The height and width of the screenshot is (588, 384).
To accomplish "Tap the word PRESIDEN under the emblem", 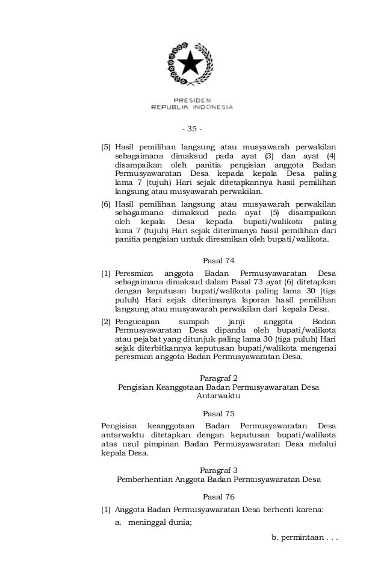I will click(x=192, y=99).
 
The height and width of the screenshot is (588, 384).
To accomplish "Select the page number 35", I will click(x=192, y=128).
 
